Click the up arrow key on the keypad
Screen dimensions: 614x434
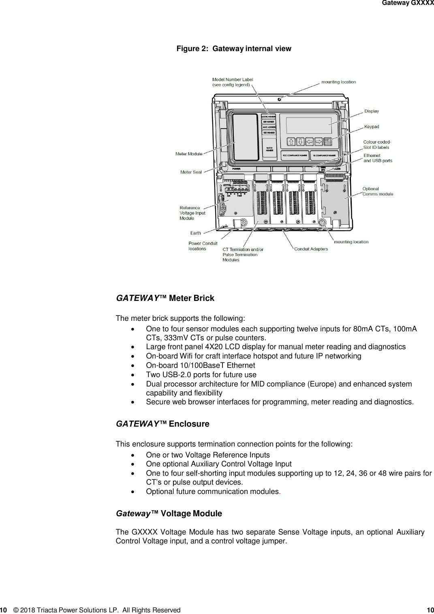point(291,142)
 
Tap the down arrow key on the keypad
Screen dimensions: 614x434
point(300,142)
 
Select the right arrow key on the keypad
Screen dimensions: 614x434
point(319,142)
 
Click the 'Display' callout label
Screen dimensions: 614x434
point(372,111)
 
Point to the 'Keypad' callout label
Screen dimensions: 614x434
point(372,127)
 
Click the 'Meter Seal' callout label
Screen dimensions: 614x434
point(191,172)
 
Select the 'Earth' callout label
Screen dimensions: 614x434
point(196,233)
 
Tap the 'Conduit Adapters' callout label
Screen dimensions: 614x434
point(311,249)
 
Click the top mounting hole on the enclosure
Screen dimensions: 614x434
point(280,99)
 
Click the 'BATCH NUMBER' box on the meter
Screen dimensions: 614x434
point(269,149)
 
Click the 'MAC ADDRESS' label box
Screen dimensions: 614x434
point(269,127)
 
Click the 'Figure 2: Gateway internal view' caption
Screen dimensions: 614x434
point(234,49)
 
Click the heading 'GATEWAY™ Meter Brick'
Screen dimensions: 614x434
point(165,298)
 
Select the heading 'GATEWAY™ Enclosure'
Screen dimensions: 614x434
point(162,424)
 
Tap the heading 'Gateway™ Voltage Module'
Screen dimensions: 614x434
point(169,513)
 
